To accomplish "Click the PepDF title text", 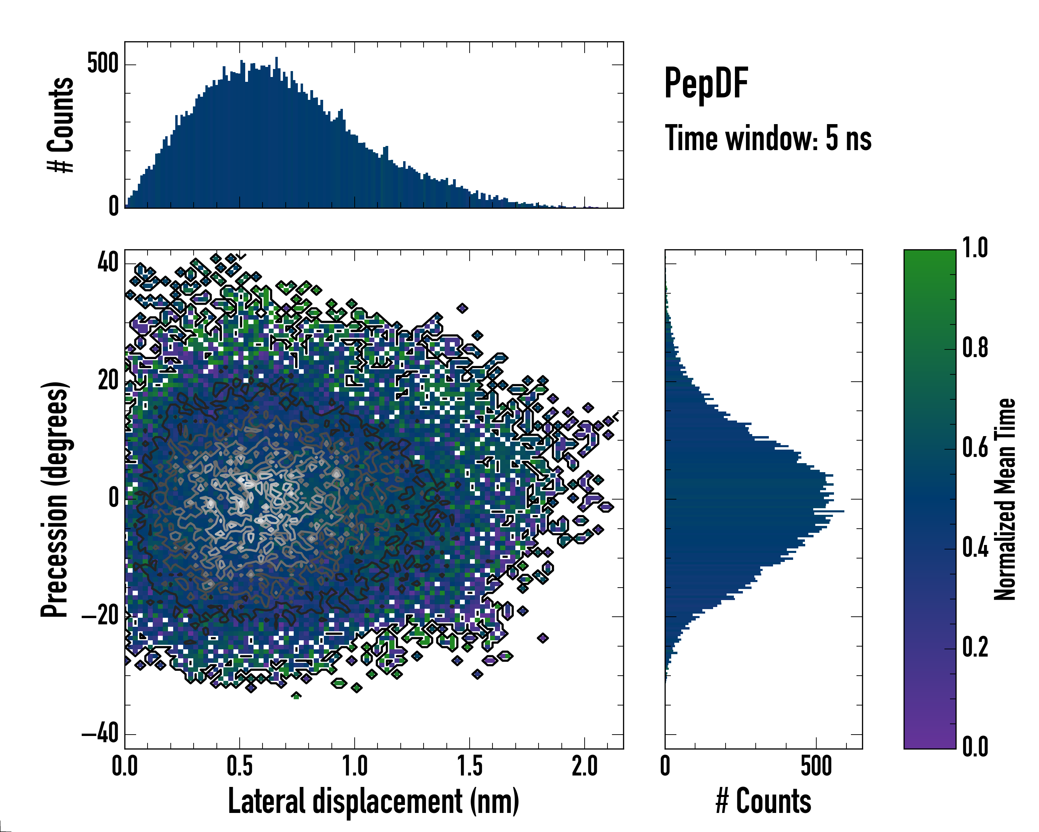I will point(706,84).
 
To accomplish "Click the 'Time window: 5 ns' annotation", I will point(768,138).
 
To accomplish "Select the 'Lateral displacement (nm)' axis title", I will point(373,801).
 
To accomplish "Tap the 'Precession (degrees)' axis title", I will point(54,500).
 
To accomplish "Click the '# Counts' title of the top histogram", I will point(61,125).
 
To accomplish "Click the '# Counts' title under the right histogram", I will point(763,801).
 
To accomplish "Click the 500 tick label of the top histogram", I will point(103,64).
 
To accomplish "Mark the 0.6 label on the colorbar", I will point(975,448).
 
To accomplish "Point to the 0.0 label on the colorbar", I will point(975,747).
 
